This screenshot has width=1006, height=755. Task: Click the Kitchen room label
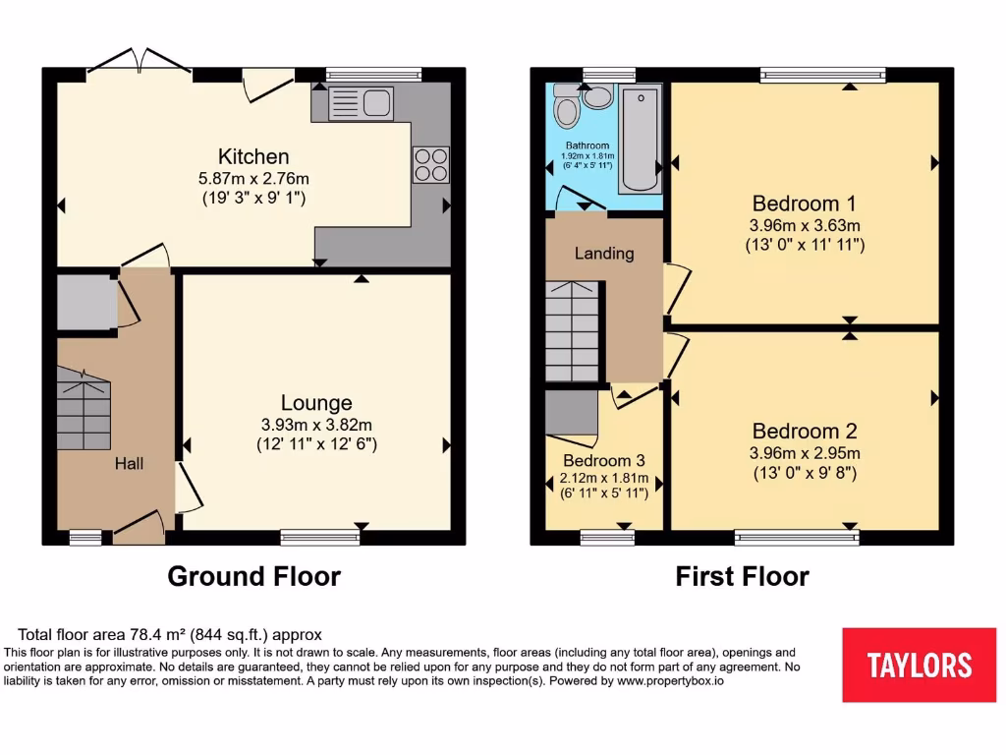(253, 156)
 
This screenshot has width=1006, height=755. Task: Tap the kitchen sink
(361, 102)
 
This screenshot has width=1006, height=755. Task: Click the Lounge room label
(316, 403)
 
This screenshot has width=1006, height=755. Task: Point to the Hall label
(129, 463)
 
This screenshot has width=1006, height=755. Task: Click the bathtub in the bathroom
(640, 139)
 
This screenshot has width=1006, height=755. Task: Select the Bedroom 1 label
(804, 203)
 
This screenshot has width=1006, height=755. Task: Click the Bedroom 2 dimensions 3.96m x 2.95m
(804, 453)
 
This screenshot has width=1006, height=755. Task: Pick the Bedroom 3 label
(604, 460)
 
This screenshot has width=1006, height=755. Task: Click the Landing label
(604, 253)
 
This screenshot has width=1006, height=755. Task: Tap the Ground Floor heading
(253, 576)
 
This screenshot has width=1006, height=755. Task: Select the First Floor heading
(742, 576)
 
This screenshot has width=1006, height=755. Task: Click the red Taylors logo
(919, 665)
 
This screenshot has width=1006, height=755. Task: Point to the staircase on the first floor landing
(571, 330)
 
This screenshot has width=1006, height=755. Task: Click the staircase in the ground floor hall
(84, 409)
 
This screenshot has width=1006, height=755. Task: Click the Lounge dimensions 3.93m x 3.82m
(316, 425)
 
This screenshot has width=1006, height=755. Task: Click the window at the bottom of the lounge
(319, 537)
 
